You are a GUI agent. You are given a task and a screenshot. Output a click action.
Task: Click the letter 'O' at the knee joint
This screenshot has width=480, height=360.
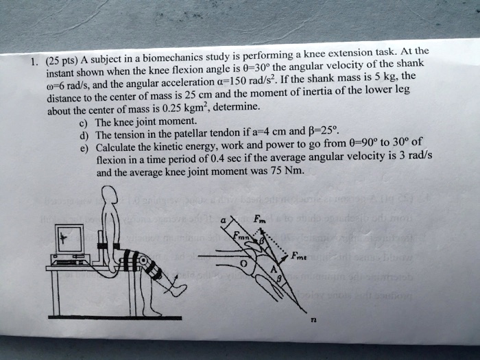(242, 263)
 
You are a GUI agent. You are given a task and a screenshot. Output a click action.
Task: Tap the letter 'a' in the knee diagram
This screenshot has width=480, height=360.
(221, 220)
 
